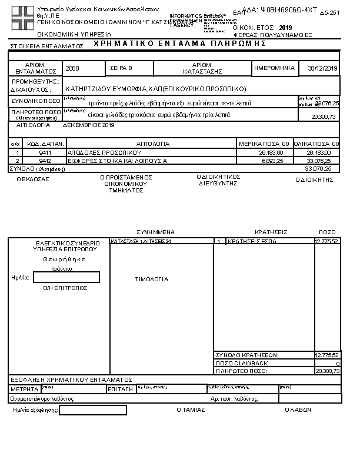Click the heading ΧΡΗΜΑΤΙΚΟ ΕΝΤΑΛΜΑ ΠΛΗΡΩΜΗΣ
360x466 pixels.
(179, 44)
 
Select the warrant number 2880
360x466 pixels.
(73, 69)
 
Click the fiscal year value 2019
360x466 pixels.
(285, 28)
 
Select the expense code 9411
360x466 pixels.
(45, 152)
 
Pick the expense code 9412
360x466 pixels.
(45, 160)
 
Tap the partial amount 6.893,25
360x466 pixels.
(271, 160)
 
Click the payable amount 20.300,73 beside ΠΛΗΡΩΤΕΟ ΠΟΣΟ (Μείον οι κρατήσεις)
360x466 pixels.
(324, 117)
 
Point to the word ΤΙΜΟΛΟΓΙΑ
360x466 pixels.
(152, 279)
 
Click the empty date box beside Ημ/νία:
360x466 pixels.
(66, 277)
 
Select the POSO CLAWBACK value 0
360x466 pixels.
(338, 364)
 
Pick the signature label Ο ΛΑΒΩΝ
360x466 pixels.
(298, 410)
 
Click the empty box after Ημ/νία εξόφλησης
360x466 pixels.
(93, 410)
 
